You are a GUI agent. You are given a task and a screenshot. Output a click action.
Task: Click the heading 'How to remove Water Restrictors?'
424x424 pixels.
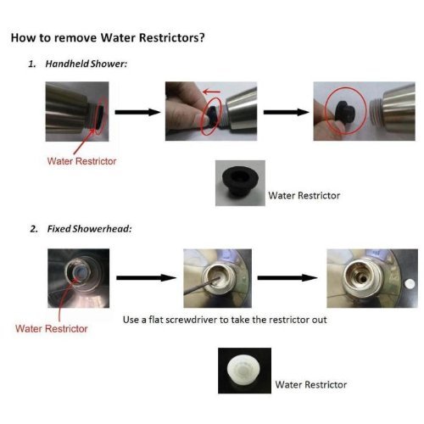(x=108, y=37)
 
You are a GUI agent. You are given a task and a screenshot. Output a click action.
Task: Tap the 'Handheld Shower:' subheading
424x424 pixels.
(x=86, y=64)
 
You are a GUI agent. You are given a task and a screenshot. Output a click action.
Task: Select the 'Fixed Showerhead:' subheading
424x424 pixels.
(x=89, y=229)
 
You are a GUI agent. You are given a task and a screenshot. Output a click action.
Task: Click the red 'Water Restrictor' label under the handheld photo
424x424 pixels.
(x=81, y=161)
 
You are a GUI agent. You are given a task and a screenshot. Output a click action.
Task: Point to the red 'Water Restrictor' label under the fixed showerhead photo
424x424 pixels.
(x=52, y=328)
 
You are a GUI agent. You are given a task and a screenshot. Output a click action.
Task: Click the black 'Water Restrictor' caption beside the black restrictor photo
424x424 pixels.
(x=304, y=196)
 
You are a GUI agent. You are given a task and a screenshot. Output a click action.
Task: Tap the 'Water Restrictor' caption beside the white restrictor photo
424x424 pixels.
(x=311, y=384)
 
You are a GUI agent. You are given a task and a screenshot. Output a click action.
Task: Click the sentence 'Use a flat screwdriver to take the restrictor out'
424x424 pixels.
(x=225, y=320)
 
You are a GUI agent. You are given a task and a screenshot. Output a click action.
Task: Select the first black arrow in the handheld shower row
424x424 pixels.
(x=137, y=112)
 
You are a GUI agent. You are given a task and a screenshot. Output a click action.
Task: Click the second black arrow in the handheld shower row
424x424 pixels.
(x=287, y=112)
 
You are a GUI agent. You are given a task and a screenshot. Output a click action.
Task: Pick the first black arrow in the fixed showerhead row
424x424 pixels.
(x=146, y=277)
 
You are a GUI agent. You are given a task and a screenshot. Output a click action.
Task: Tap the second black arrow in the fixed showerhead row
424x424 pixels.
(x=287, y=277)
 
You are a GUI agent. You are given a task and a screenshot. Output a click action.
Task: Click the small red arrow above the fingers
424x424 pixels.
(x=211, y=92)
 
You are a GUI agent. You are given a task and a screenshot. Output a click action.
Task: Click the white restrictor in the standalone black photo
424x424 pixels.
(x=243, y=369)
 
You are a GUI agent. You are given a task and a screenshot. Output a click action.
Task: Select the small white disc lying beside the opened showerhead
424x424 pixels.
(x=410, y=284)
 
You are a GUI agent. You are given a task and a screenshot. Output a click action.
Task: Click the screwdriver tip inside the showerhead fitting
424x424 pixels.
(x=219, y=278)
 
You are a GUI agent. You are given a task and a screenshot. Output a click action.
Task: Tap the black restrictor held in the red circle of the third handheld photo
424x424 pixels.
(x=346, y=113)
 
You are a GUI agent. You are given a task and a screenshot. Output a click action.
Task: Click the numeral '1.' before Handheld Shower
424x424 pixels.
(x=32, y=64)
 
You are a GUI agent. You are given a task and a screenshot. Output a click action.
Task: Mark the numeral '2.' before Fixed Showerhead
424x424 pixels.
(x=34, y=229)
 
